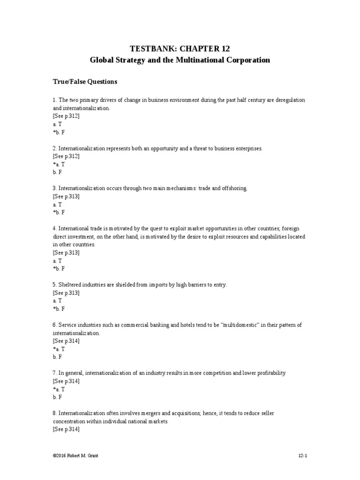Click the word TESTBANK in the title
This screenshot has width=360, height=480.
[x=151, y=48]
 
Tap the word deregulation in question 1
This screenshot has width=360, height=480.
[x=290, y=100]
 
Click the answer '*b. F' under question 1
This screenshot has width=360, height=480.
[x=59, y=132]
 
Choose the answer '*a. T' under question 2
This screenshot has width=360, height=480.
[x=59, y=164]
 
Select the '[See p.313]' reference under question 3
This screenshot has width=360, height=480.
[x=66, y=196]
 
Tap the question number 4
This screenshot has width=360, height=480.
[x=54, y=229]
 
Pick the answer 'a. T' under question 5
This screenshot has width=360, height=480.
[x=57, y=301]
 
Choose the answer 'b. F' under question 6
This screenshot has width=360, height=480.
[x=57, y=357]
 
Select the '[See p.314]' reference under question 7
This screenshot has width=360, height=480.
[x=66, y=381]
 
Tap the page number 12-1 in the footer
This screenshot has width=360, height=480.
[x=302, y=455]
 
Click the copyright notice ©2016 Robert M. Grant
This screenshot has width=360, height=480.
[x=76, y=455]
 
